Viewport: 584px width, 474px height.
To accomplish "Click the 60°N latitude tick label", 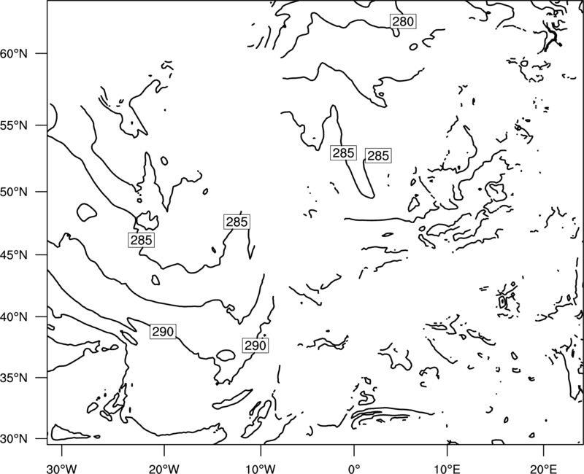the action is pos(14,53).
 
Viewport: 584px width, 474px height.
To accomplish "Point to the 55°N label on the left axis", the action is pos(14,125).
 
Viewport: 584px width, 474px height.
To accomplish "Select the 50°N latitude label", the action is pos(14,192).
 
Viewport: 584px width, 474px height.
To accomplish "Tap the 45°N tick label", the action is pos(14,255).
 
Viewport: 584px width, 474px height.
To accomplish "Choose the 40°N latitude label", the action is pos(14,317).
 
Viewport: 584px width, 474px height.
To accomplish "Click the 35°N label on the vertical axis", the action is pos(14,378).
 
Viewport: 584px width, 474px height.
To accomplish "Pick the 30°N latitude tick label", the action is pos(14,439).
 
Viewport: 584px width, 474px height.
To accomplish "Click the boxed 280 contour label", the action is pos(403,22).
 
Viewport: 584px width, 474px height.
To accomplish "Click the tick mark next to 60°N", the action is pos(42,53).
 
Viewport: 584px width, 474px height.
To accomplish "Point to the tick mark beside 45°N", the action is pos(42,255).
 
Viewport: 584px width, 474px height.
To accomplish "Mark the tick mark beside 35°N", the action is pos(42,378).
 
